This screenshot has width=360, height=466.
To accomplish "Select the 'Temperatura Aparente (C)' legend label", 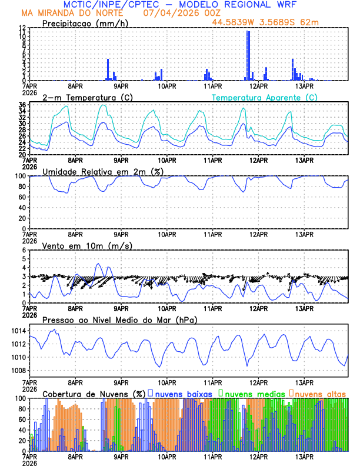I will pyautogui.click(x=264, y=97).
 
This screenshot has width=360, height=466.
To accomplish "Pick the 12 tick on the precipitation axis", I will pyautogui.click(x=22, y=28).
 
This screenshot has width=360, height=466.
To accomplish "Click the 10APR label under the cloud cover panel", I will pyautogui.click(x=166, y=456).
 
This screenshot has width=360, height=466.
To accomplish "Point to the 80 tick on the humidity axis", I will pyautogui.click(x=22, y=187).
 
